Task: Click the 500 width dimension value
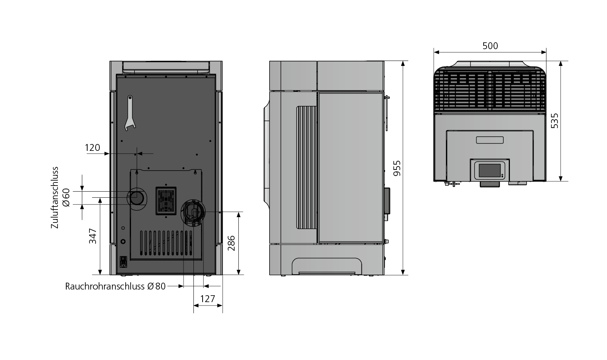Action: click(x=490, y=46)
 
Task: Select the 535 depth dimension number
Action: click(x=555, y=121)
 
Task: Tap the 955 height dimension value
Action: click(x=397, y=168)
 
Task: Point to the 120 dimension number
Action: click(x=93, y=148)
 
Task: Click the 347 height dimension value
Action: click(x=93, y=236)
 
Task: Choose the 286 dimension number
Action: click(x=231, y=243)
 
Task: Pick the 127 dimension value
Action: click(x=208, y=299)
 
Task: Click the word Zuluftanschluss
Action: click(x=55, y=198)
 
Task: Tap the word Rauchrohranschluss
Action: click(x=105, y=286)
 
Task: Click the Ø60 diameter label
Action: click(x=66, y=198)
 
